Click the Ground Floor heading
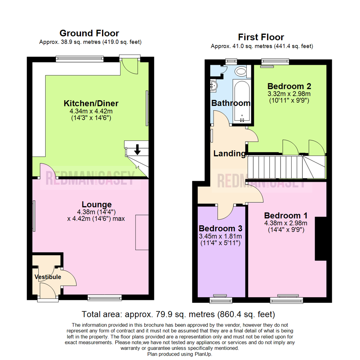(89, 33)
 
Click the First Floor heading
(261, 37)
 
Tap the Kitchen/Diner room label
(91, 103)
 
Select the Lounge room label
(97, 204)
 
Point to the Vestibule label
(48, 277)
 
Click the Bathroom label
(231, 103)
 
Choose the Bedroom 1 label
(286, 215)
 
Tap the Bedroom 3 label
(220, 229)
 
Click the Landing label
(229, 154)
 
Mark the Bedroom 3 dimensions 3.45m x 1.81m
(220, 236)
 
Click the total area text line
(178, 314)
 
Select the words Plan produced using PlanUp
(179, 354)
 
